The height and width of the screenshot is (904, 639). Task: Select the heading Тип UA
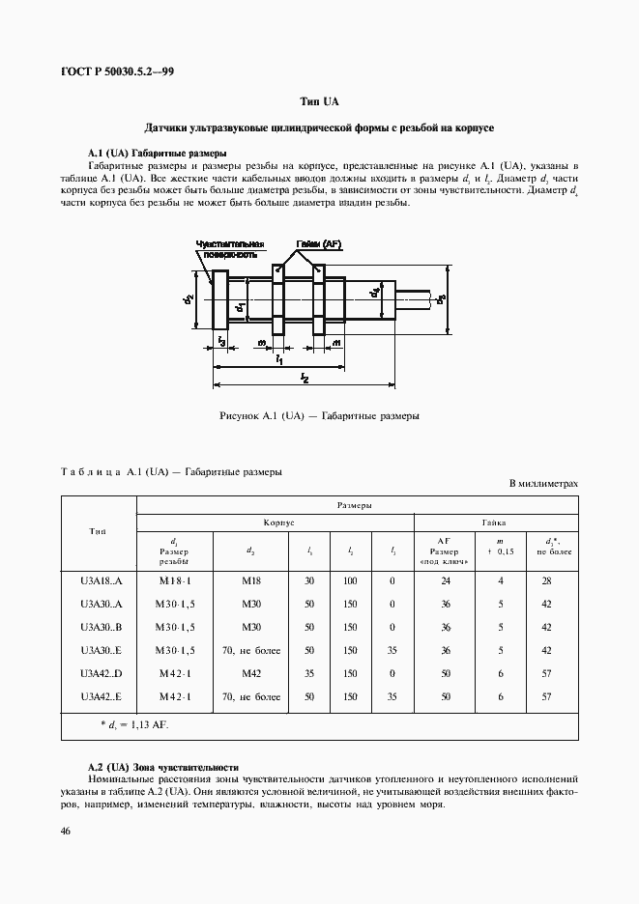[x=319, y=101]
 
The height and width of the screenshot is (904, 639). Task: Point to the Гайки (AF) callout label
[x=318, y=244]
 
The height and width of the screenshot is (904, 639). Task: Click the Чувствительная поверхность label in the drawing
[x=225, y=250]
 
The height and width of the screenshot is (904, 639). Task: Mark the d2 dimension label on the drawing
[x=189, y=300]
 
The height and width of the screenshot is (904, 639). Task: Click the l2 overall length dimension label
[x=304, y=379]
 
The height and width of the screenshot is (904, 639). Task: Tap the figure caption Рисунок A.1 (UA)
[x=319, y=416]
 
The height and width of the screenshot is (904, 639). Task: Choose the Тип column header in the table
[x=98, y=530]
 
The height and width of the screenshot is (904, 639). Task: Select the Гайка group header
[x=496, y=521]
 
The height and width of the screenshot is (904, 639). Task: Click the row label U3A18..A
[x=98, y=581]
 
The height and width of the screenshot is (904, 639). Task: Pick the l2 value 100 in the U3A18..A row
[x=350, y=581]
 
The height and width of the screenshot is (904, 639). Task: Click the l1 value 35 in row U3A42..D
[x=309, y=673]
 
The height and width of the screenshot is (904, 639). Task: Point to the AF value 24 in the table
[x=446, y=581]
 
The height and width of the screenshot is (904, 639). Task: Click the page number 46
[x=64, y=831]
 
